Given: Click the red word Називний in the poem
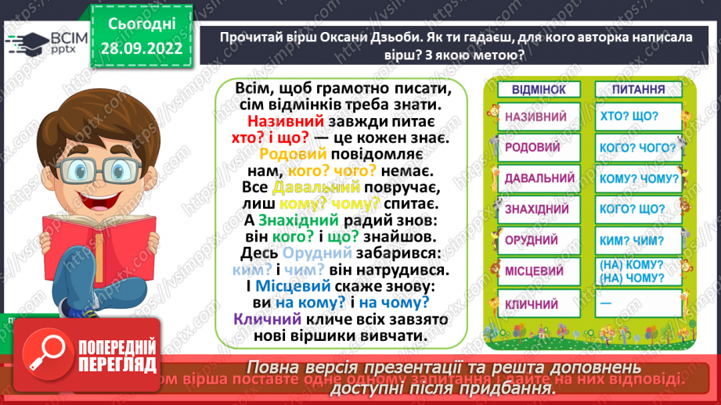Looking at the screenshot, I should (280, 121).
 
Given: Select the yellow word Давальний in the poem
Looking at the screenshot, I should (315, 188).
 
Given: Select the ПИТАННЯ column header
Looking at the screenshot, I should (634, 90).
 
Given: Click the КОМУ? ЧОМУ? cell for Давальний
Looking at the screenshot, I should (634, 179).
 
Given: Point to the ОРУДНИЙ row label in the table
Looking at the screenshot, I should (532, 241).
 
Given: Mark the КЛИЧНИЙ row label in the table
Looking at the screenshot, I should (532, 303).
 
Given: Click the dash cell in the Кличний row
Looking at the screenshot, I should (604, 303).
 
